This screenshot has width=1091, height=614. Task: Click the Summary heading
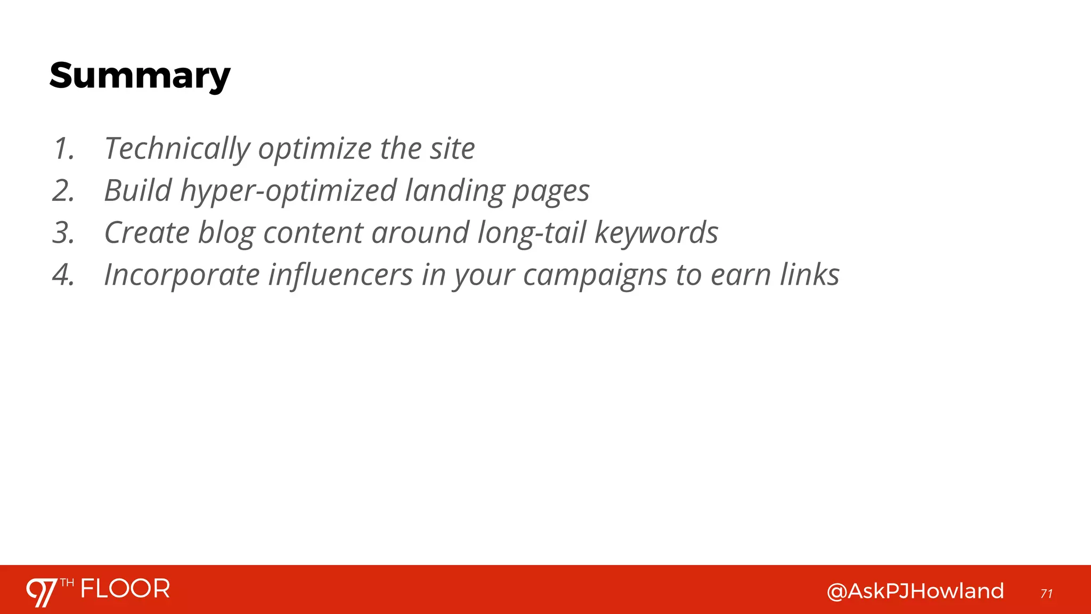140,76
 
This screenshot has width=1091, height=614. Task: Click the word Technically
177,149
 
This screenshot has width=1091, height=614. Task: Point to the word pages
551,191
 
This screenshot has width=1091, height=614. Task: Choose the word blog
226,233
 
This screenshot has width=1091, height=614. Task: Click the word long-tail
532,233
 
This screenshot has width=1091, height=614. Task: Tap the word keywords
656,233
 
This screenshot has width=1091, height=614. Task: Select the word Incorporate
182,275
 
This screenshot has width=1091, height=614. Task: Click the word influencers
340,275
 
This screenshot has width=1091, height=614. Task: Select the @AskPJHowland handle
915,591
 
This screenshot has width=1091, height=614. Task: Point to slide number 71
1046,594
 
